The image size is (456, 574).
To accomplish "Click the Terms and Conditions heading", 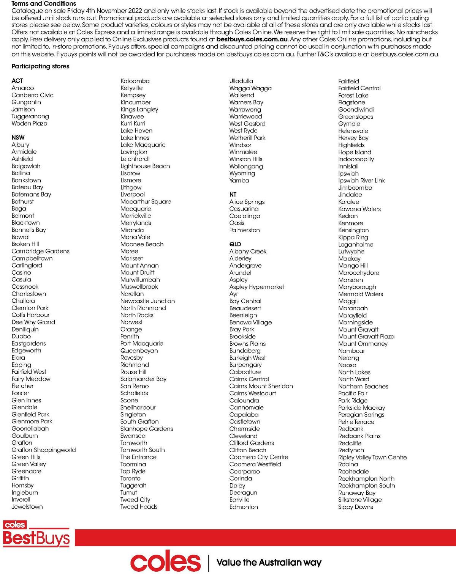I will pyautogui.click(x=44, y=3).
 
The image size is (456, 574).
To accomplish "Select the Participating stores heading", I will pyautogui.click(x=40, y=66).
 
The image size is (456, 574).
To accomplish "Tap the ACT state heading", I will pyautogui.click(x=17, y=80).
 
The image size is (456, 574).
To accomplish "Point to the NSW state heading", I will pyautogui.click(x=18, y=137).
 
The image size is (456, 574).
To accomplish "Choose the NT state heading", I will pyautogui.click(x=233, y=194).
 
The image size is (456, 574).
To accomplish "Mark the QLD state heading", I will pyautogui.click(x=235, y=244).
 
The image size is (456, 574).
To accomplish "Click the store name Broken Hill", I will pyautogui.click(x=25, y=244).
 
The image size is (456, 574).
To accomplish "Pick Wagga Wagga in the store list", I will pyautogui.click(x=250, y=88).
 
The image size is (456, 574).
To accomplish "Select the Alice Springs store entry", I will pyautogui.click(x=247, y=201).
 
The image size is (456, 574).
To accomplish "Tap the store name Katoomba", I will pyautogui.click(x=135, y=81).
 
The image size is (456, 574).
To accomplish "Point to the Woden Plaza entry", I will pyautogui.click(x=29, y=123).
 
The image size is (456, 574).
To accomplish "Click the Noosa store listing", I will pyautogui.click(x=347, y=365).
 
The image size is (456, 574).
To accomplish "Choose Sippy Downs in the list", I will pyautogui.click(x=355, y=507).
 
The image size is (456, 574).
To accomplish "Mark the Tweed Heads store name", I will pyautogui.click(x=139, y=506).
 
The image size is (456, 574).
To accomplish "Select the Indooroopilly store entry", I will pyautogui.click(x=356, y=159).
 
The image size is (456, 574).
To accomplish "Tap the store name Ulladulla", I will pyautogui.click(x=241, y=81).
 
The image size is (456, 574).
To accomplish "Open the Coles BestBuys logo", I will pyautogui.click(x=36, y=534).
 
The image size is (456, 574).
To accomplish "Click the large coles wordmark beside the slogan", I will pyautogui.click(x=165, y=562).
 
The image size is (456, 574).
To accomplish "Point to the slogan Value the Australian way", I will pyautogui.click(x=269, y=562).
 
